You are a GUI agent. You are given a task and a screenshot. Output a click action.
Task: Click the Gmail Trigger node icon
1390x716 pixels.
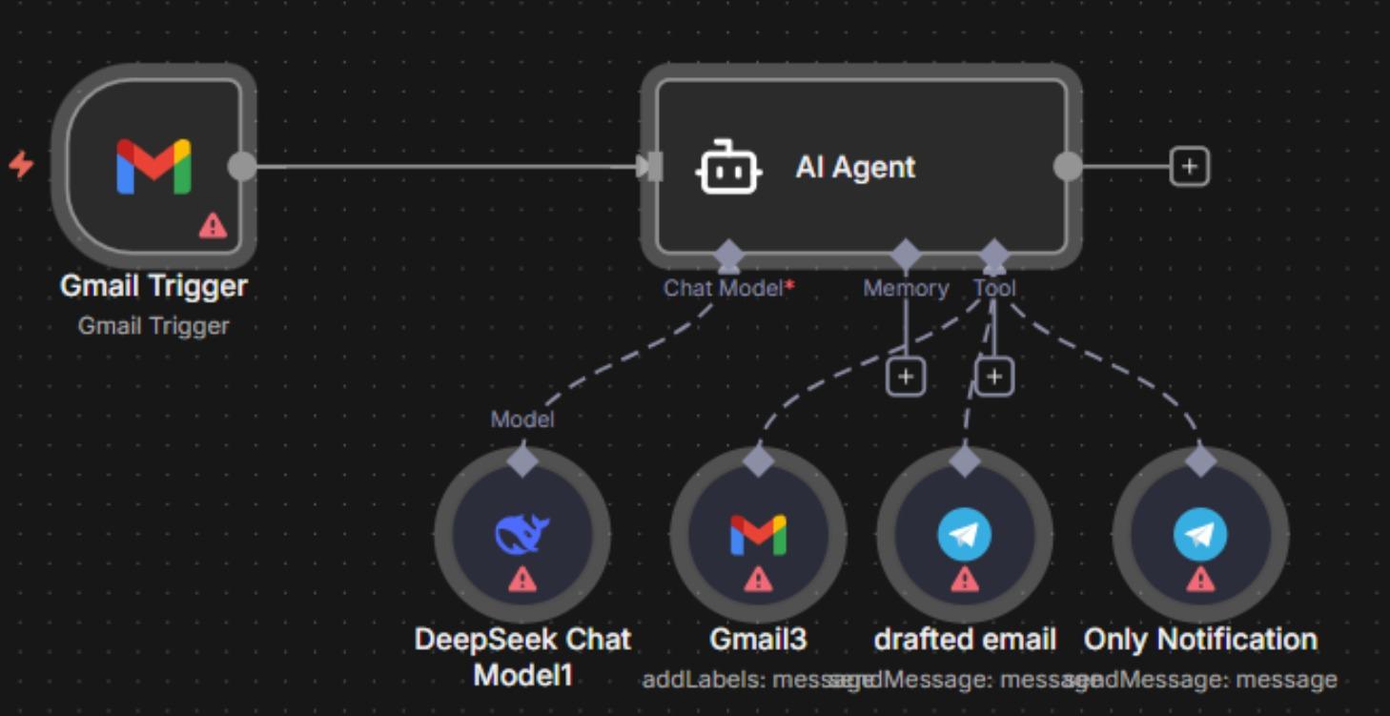click(153, 167)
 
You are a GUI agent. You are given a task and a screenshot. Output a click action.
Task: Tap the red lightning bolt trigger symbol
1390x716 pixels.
click(21, 165)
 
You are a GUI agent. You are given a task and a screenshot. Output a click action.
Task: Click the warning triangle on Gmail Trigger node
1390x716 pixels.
click(213, 225)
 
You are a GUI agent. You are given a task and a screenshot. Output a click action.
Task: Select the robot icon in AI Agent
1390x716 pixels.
click(728, 168)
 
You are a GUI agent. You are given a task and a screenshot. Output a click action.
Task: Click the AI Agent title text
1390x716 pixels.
click(855, 168)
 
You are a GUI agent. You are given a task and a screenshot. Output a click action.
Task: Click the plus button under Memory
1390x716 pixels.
click(905, 378)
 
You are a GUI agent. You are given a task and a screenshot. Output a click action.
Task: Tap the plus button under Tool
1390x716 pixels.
click(993, 378)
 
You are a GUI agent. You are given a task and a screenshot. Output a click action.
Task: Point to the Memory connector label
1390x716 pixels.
click(905, 288)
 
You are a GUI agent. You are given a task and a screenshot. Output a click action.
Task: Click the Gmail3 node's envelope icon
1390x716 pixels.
click(758, 535)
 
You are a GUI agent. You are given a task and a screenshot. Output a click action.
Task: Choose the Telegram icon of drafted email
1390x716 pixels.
click(964, 535)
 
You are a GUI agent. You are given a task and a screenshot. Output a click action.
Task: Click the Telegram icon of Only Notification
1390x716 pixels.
click(1199, 535)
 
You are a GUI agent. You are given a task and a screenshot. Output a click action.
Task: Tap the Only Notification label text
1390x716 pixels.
click(1199, 640)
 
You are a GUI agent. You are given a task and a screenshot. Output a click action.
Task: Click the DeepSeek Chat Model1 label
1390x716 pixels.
click(522, 657)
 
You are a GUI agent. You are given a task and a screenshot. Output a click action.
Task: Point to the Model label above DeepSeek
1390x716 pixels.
click(521, 419)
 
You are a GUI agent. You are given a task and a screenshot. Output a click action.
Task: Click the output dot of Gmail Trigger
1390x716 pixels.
click(242, 166)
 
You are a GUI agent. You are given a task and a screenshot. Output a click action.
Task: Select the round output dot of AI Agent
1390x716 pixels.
click(1068, 167)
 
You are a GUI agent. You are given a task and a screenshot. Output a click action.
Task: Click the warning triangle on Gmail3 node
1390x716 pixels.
click(758, 579)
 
